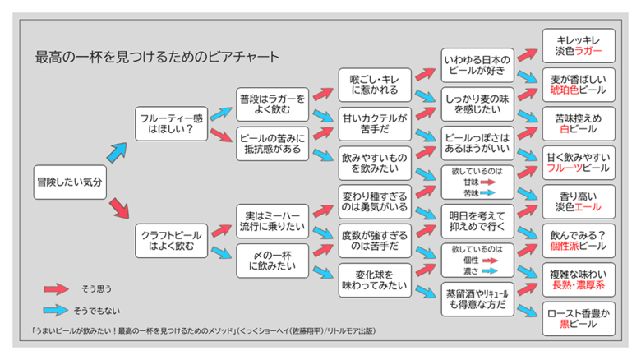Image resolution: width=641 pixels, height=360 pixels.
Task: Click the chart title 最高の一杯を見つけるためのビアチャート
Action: click(156, 58)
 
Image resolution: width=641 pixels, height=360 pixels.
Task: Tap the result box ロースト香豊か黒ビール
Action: click(579, 318)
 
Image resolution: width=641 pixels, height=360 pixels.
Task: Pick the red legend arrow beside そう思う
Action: click(56, 288)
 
